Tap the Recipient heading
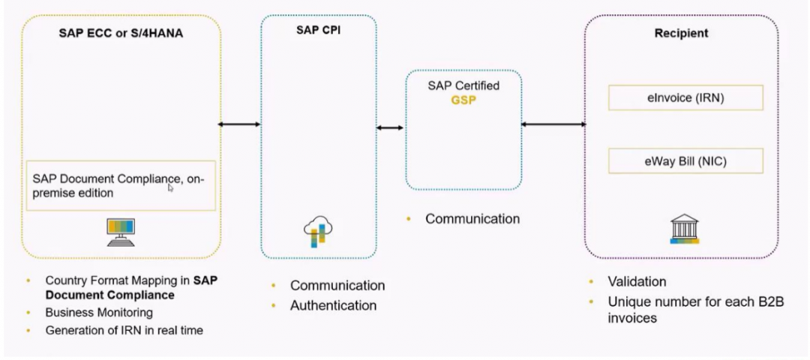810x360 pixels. tap(680, 34)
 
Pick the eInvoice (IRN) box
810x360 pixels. tap(685, 97)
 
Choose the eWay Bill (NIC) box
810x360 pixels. tap(685, 160)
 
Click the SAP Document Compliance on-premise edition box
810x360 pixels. tap(120, 185)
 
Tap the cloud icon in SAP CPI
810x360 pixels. tap(317, 231)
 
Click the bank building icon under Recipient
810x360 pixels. tap(683, 230)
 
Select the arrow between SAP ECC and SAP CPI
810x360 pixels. tap(239, 124)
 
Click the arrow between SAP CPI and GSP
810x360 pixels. tap(390, 128)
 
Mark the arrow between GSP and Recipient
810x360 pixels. tap(553, 124)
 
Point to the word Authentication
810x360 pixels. tap(333, 305)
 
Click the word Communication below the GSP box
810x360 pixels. tap(472, 219)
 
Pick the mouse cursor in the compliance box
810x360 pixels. tap(171, 188)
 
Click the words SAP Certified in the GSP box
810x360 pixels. tap(463, 85)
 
